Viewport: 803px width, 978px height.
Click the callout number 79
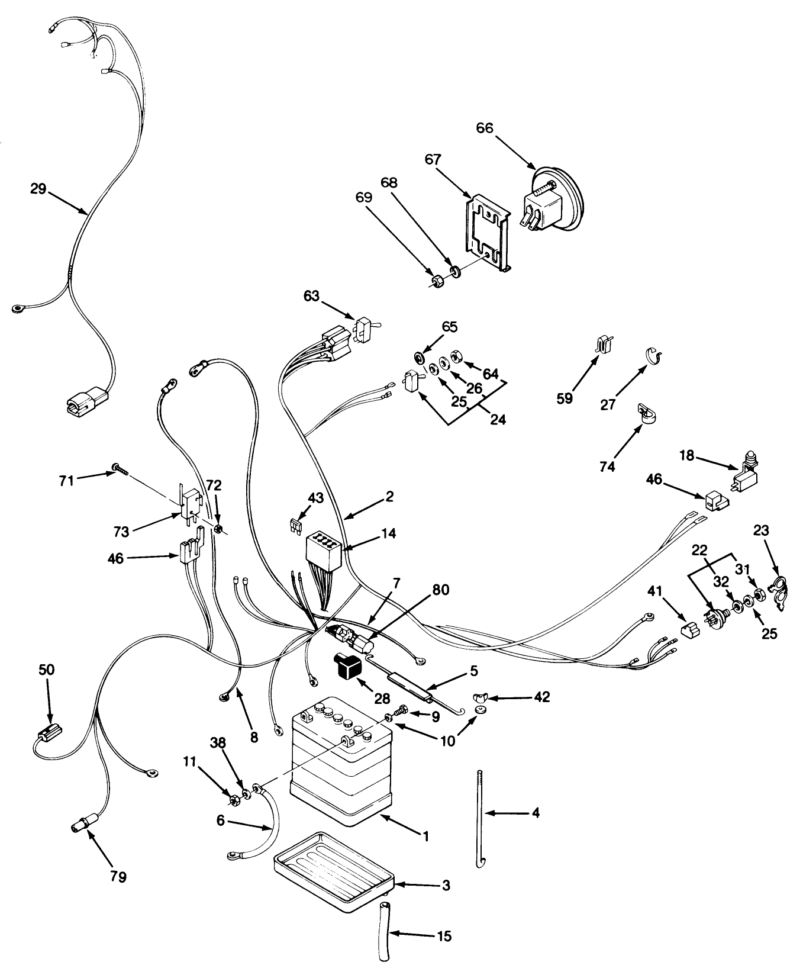(118, 876)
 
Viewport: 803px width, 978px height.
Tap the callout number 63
(312, 295)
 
